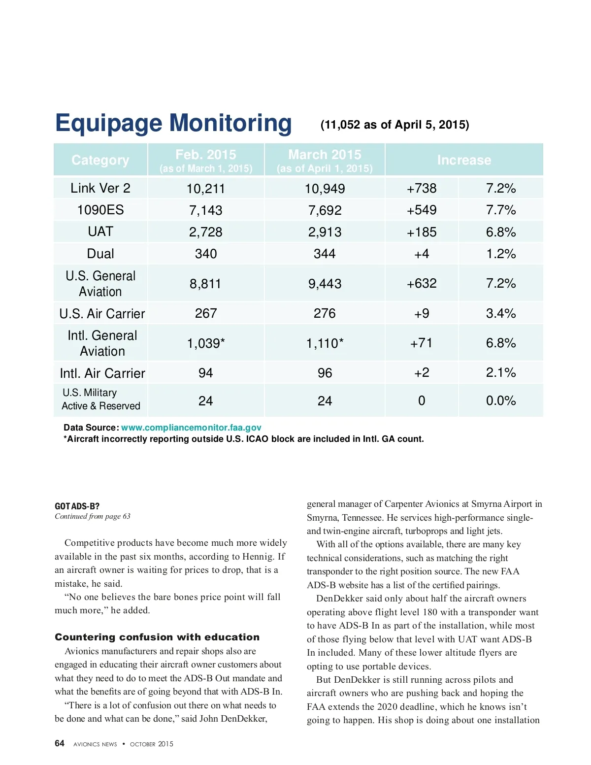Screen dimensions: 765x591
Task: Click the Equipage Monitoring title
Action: [x=173, y=123]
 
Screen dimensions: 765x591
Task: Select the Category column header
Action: [x=100, y=160]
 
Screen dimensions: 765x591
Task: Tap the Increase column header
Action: [x=464, y=160]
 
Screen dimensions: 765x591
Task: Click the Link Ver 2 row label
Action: [x=100, y=188]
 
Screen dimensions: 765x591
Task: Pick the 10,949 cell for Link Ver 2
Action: [x=325, y=189]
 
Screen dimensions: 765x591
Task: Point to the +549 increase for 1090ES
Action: [x=422, y=210]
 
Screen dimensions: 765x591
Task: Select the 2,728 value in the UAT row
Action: [x=205, y=232]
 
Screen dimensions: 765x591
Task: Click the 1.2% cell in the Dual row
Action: [x=501, y=254]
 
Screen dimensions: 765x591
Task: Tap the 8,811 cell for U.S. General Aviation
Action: [x=205, y=284]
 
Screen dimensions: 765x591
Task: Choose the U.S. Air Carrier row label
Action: [x=102, y=314]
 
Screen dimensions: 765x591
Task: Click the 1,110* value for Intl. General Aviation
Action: [x=325, y=343]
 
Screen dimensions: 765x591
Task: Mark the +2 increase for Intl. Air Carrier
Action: [x=422, y=373]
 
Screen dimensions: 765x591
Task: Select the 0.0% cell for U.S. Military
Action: [x=501, y=401]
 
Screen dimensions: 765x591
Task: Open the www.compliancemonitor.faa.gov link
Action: [x=191, y=428]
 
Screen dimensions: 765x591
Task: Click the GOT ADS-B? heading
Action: [x=77, y=506]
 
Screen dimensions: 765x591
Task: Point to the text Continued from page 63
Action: [x=93, y=516]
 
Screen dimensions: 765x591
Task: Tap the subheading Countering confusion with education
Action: [x=157, y=637]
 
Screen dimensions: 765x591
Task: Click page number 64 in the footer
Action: [x=60, y=743]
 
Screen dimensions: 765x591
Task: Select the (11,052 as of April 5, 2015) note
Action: [x=394, y=125]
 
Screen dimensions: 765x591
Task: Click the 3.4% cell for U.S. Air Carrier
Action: [x=501, y=314]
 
